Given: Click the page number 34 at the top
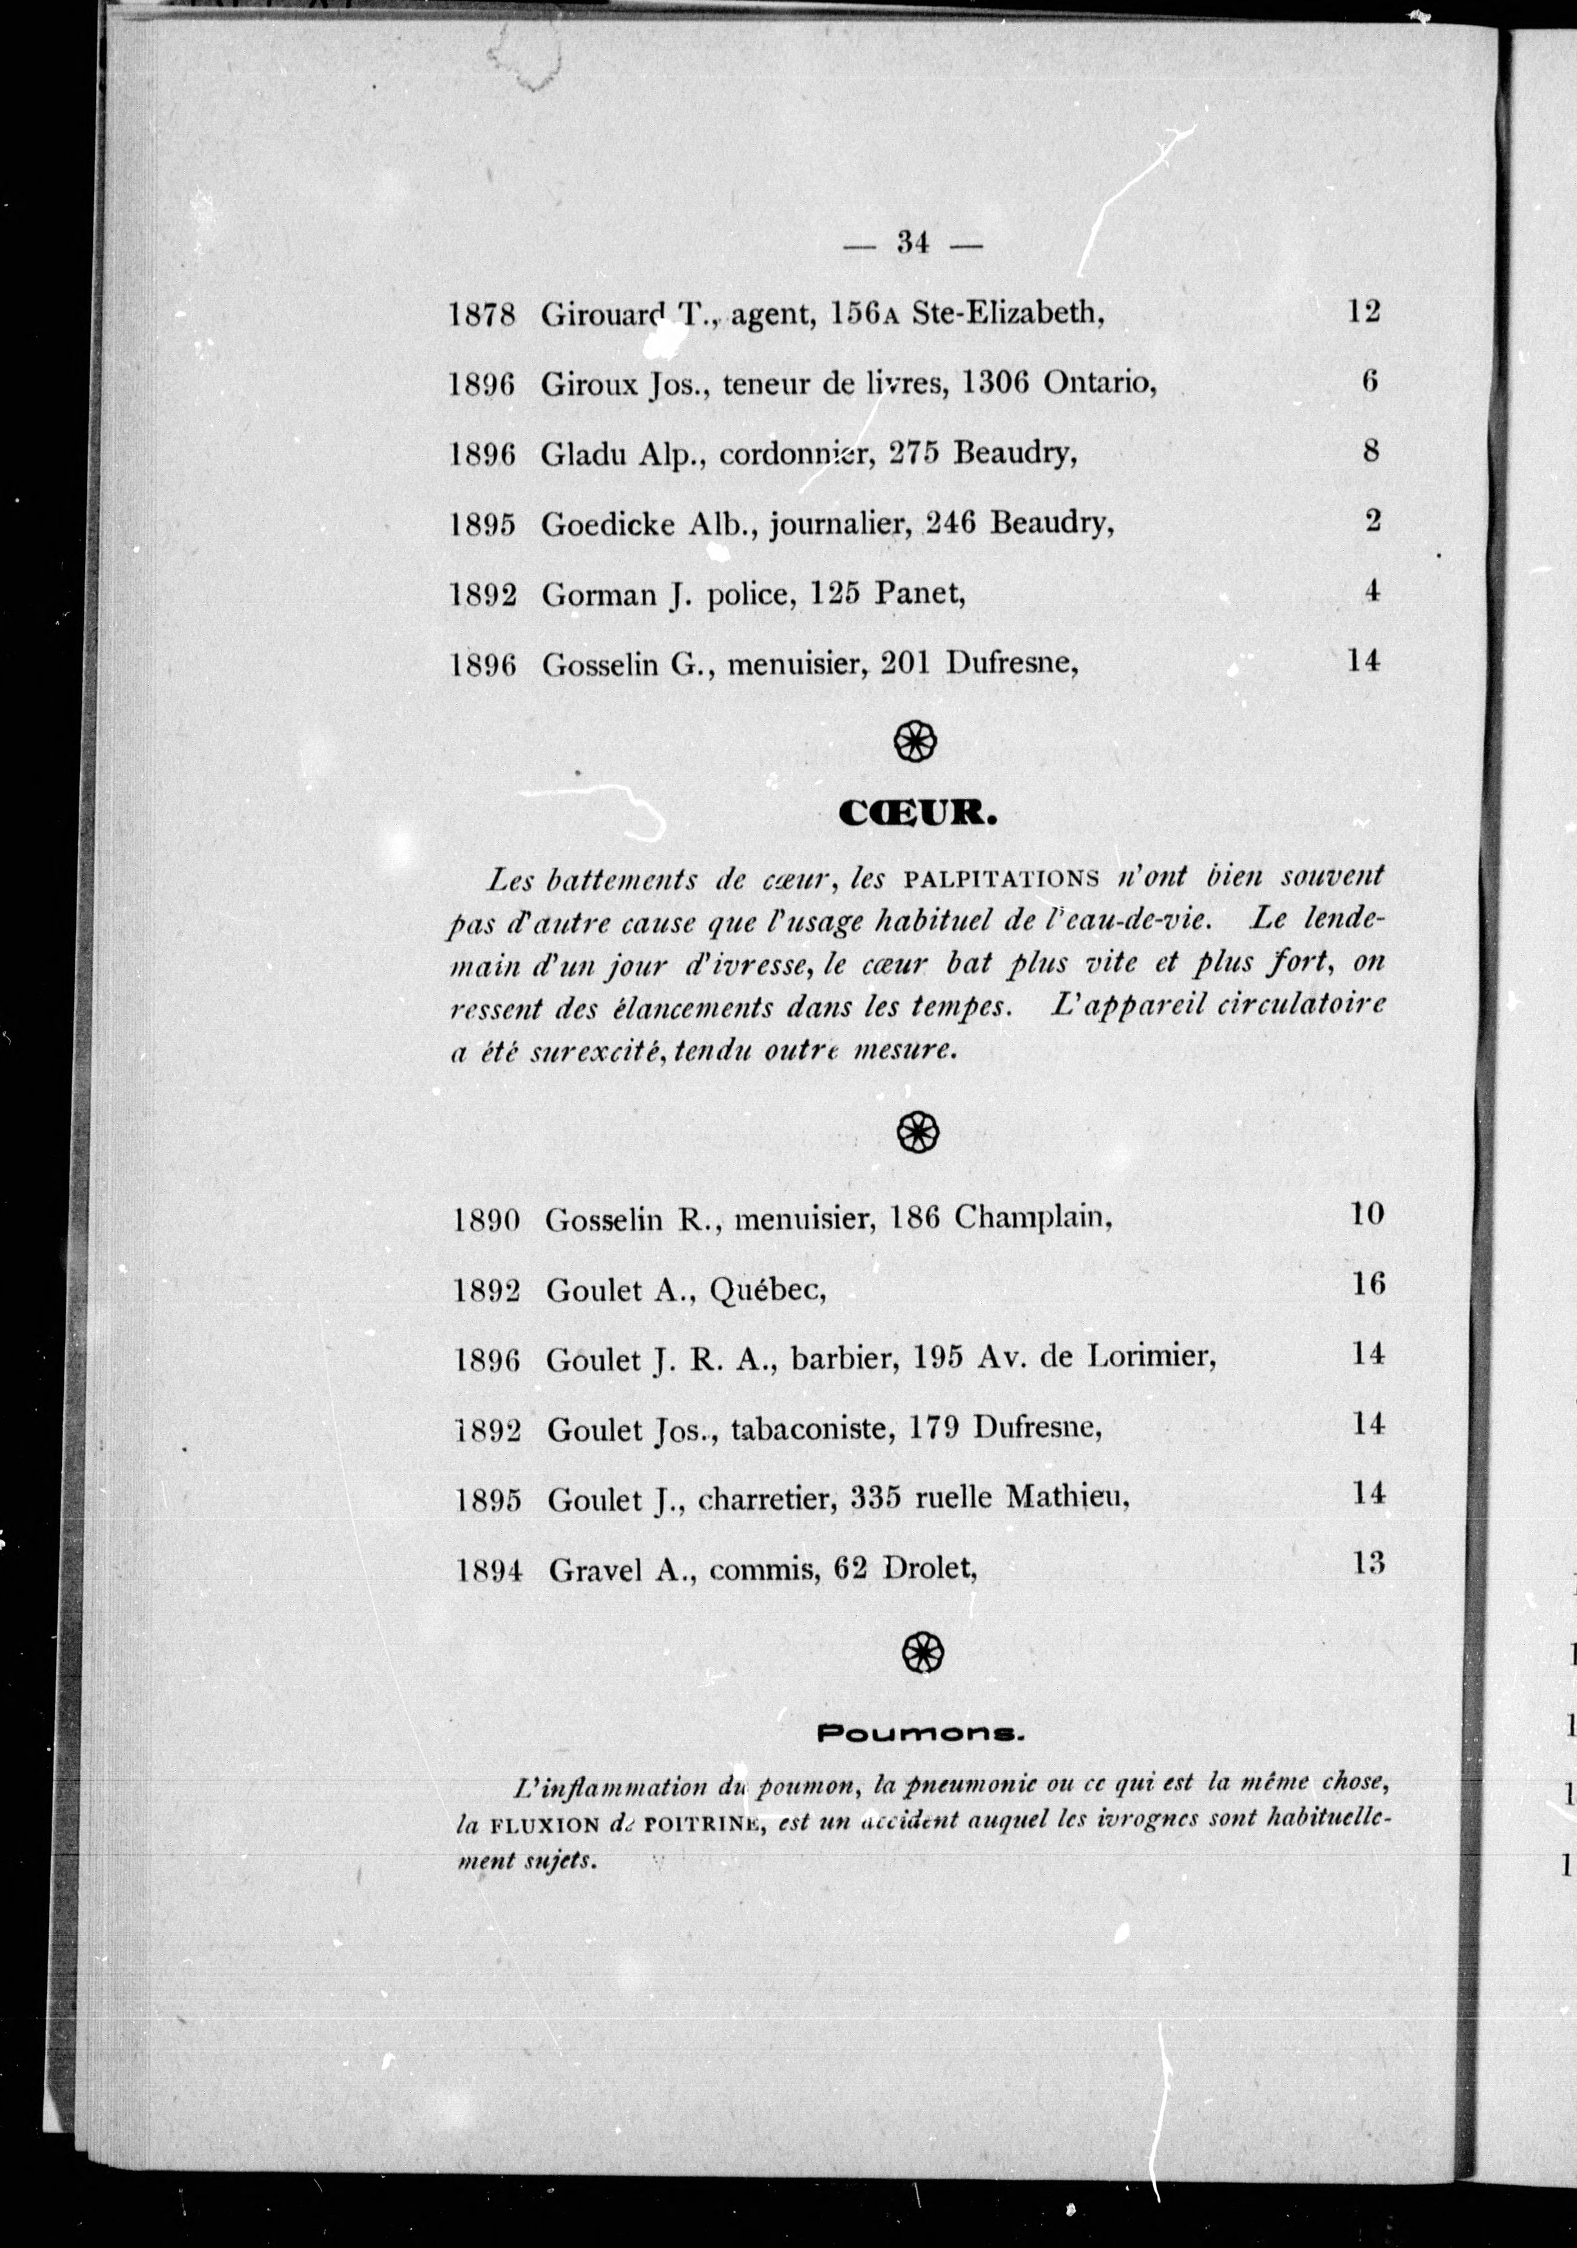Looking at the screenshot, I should [x=912, y=243].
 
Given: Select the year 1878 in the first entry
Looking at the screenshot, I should [x=483, y=315].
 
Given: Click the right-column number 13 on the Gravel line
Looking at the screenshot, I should [x=1368, y=1564].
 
